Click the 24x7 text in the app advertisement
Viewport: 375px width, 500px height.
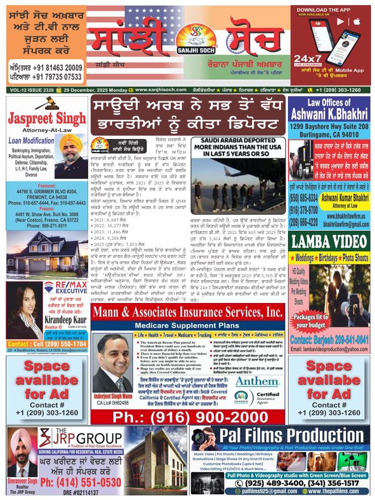click(311, 59)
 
